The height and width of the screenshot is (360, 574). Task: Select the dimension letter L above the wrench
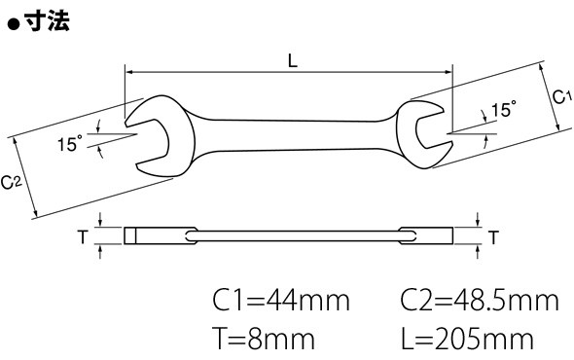click(x=293, y=60)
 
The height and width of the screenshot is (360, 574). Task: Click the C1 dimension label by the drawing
click(x=561, y=97)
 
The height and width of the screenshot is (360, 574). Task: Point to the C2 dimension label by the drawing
click(x=12, y=182)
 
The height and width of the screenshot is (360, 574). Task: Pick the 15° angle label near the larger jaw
click(x=70, y=143)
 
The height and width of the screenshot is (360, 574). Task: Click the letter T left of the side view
click(x=83, y=237)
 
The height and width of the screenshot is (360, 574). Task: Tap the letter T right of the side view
click(x=493, y=237)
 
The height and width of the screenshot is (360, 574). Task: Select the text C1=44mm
click(x=281, y=301)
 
